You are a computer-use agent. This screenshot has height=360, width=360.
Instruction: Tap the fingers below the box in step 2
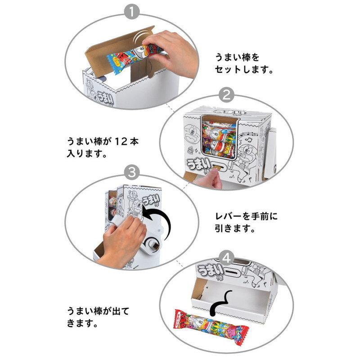click(x=211, y=180)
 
